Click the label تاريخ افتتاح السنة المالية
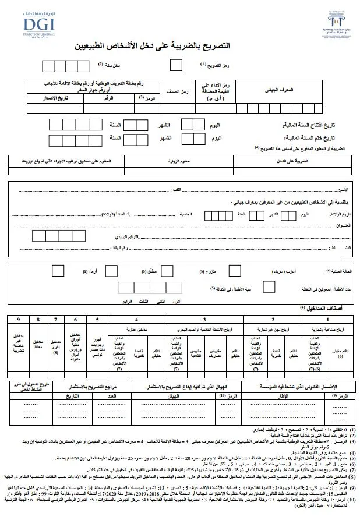click(x=312, y=125)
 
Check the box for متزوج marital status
click(x=235, y=271)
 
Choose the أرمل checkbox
click(x=58, y=271)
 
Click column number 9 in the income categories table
click(x=19, y=320)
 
